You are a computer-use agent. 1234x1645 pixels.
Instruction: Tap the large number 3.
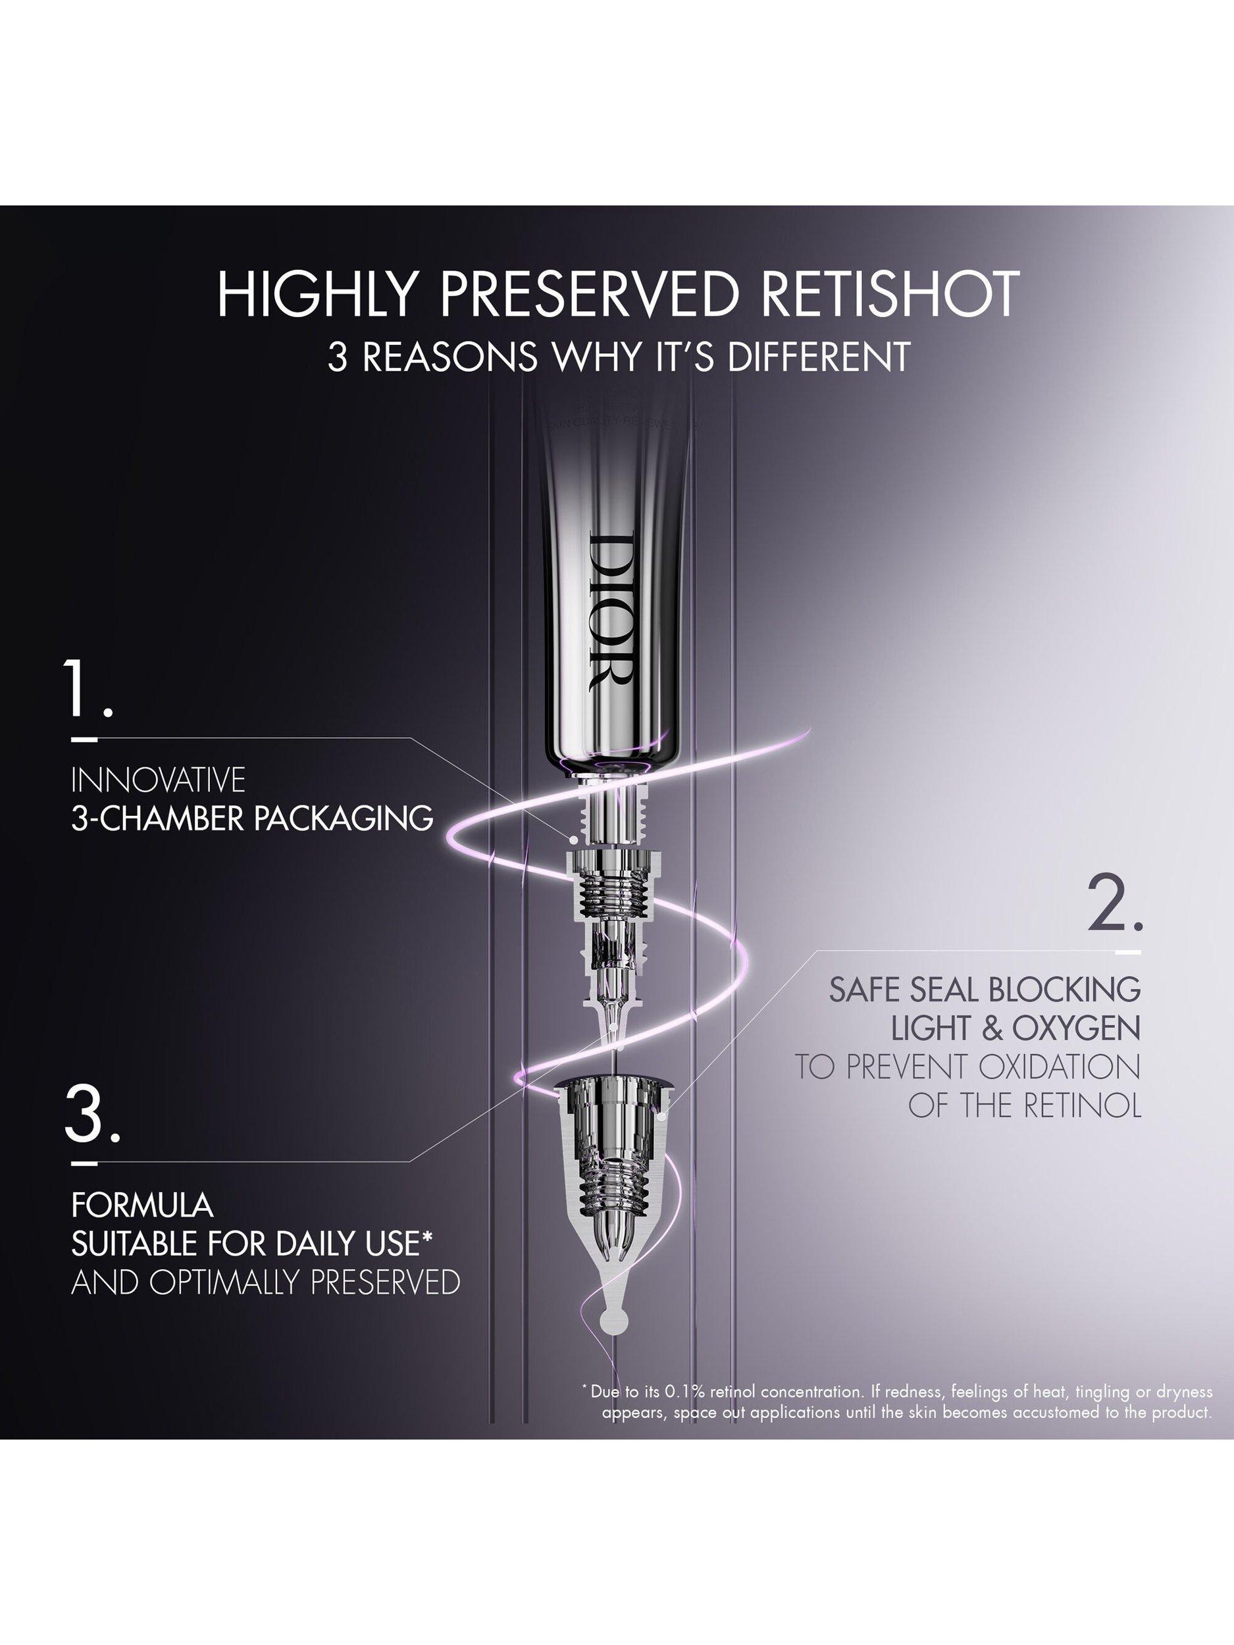[92, 1114]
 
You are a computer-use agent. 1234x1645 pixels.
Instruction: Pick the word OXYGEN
[1075, 1028]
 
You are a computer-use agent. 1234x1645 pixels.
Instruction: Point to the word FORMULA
[142, 1205]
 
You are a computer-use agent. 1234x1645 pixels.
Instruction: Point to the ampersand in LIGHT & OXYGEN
[994, 1028]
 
